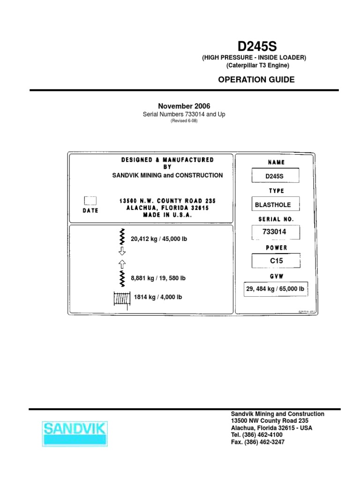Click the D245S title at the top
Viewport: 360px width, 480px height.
[x=257, y=47]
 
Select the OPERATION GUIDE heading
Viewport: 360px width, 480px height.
[x=256, y=80]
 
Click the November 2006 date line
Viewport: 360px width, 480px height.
[x=184, y=107]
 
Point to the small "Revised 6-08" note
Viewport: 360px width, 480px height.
[x=184, y=120]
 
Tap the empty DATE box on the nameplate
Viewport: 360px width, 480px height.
[x=90, y=201]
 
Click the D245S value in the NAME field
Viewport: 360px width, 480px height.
[x=275, y=176]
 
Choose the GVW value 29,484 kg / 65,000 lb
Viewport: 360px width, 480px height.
[x=275, y=289]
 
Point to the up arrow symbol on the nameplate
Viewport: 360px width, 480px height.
[x=122, y=263]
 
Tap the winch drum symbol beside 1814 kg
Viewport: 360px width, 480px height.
[x=121, y=298]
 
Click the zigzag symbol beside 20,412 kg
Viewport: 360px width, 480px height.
[x=122, y=237]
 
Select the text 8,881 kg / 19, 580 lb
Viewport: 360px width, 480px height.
[x=158, y=278]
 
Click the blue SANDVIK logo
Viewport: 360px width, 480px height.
[x=75, y=433]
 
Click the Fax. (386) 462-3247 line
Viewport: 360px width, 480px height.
[x=258, y=442]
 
